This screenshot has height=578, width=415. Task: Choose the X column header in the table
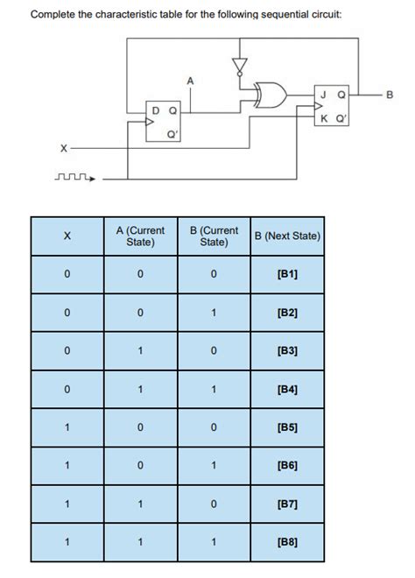click(67, 236)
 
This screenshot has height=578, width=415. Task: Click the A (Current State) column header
click(140, 236)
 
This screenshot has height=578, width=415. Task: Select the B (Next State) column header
click(287, 236)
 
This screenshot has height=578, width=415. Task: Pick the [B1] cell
click(287, 274)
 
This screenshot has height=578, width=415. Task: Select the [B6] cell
click(287, 465)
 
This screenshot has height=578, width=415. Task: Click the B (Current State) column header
click(214, 236)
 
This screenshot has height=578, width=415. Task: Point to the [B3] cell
click(287, 350)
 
